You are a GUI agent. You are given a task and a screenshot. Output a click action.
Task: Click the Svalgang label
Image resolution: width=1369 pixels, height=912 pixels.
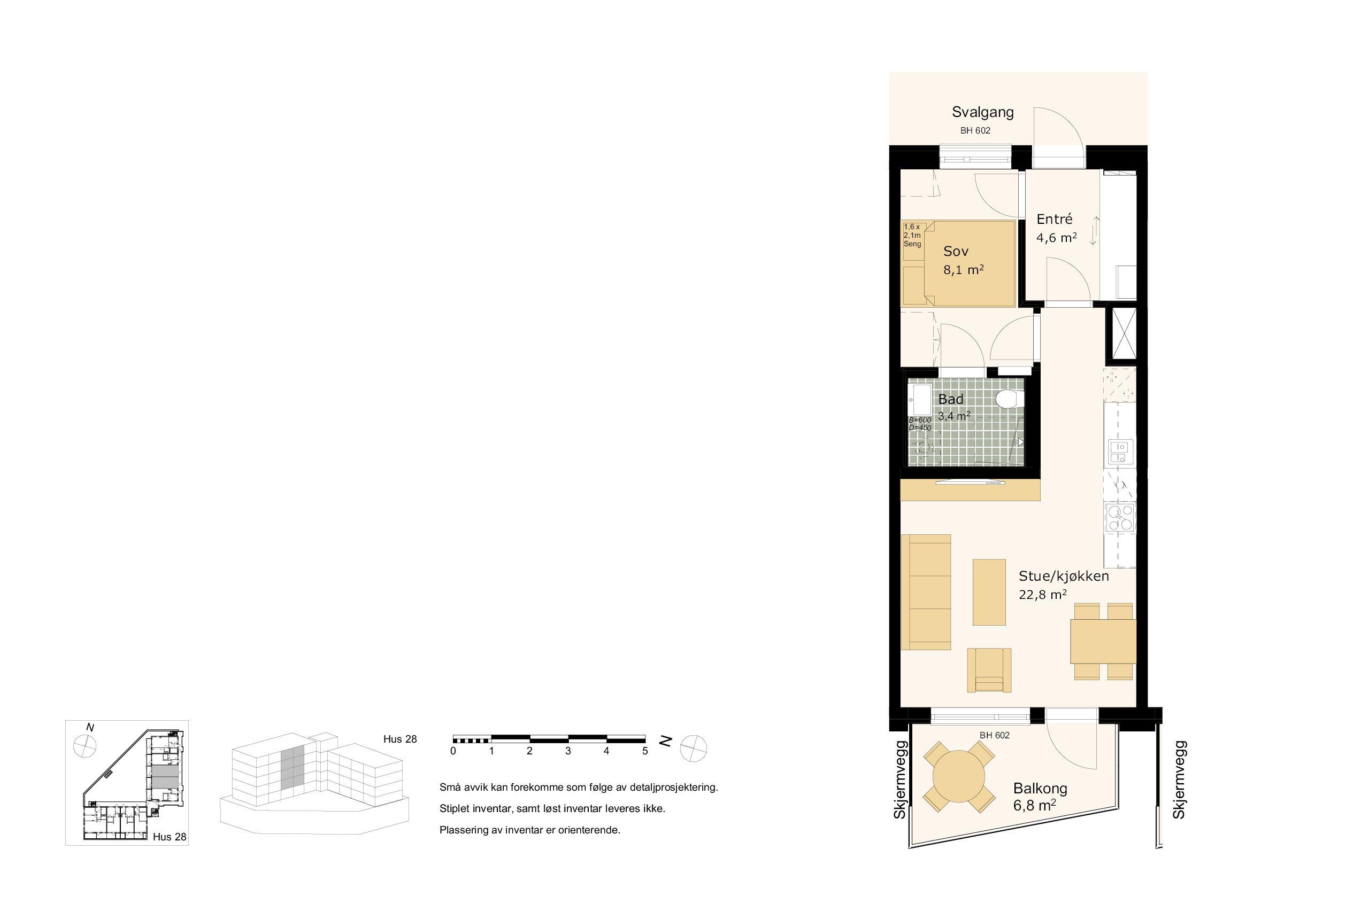(982, 112)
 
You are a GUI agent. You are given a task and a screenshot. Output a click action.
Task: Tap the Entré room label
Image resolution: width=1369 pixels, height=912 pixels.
(1054, 219)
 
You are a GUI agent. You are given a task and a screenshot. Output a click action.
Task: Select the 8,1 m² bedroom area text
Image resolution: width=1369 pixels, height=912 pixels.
(963, 270)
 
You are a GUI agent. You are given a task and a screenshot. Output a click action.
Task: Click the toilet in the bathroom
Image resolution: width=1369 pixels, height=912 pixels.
(1010, 400)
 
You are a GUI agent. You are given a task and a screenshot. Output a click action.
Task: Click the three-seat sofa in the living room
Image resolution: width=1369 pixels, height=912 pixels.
(926, 592)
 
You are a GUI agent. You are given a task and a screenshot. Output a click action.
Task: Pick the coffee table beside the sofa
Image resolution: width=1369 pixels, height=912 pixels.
(989, 592)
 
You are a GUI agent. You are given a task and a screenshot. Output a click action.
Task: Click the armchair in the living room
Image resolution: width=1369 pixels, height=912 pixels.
(989, 670)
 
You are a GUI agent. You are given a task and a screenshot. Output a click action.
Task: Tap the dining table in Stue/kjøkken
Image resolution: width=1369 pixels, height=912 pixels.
(1103, 642)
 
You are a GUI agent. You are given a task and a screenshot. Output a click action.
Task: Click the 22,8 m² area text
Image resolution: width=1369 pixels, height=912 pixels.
(1042, 595)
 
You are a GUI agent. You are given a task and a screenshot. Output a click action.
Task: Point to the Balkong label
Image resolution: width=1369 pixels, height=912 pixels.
(1040, 789)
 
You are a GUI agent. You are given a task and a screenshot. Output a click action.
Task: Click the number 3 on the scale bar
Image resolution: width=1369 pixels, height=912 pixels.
(568, 751)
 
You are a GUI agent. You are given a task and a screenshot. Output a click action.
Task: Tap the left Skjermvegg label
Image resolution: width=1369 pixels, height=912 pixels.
(900, 780)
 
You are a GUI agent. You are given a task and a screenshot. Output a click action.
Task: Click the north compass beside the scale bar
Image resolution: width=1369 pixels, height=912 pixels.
(693, 748)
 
